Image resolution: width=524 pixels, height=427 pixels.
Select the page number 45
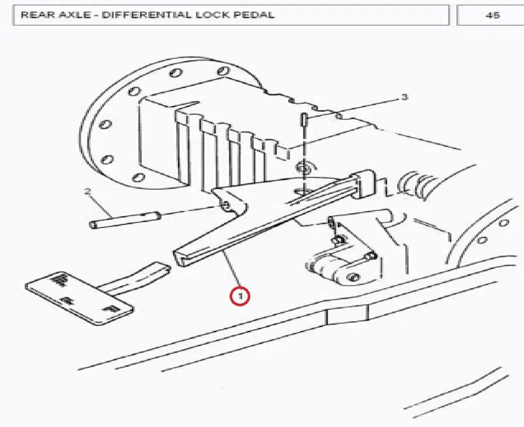(x=492, y=16)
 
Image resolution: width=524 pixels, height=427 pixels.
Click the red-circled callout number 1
(x=240, y=296)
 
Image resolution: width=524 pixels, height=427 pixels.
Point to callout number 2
(x=88, y=192)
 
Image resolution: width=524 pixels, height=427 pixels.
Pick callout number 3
(x=405, y=97)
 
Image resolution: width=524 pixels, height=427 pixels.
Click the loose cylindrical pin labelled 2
(x=125, y=221)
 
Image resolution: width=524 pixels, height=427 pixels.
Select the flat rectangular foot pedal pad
(x=80, y=298)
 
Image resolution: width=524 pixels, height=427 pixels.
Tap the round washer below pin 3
(x=304, y=167)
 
